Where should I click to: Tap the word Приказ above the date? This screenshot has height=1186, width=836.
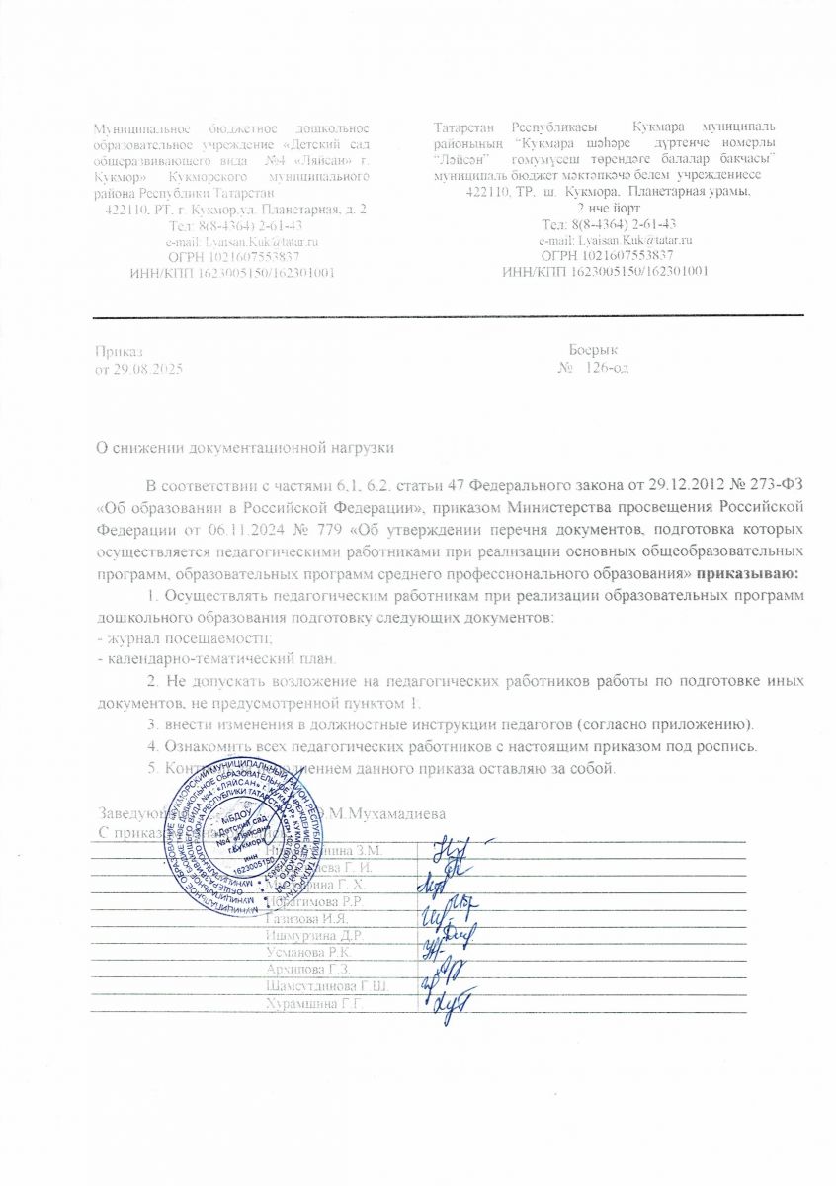click(x=118, y=351)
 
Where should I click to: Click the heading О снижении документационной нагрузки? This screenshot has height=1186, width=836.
click(x=243, y=448)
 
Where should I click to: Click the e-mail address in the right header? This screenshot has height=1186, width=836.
click(x=615, y=240)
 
